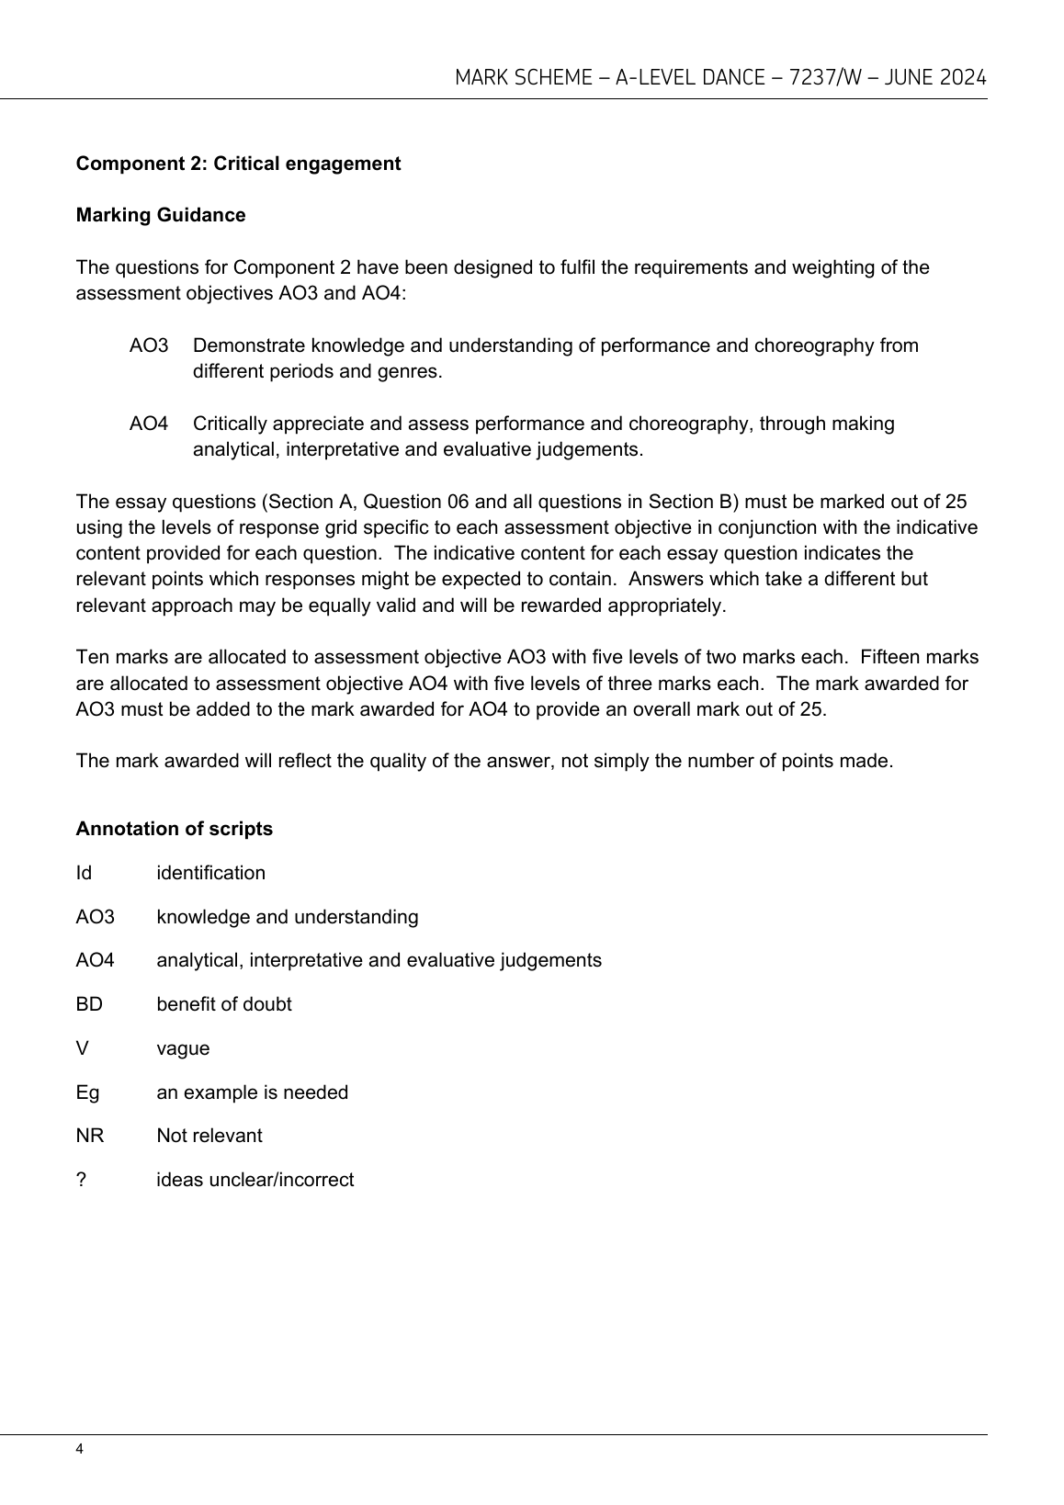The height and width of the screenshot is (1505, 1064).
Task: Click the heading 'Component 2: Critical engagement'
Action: (x=238, y=164)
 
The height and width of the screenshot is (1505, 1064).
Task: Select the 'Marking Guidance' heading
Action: (x=161, y=215)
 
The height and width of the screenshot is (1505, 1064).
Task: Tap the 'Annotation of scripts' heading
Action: (x=174, y=829)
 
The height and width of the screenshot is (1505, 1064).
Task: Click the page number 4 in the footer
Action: (x=80, y=1450)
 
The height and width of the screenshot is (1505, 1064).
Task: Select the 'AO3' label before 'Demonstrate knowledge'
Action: (x=149, y=345)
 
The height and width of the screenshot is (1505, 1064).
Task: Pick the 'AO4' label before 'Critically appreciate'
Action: (x=149, y=424)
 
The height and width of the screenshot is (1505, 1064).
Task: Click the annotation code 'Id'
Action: (x=84, y=873)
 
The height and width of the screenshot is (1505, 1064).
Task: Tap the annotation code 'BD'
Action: (x=89, y=1004)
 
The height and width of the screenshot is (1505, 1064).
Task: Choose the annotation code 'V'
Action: (x=82, y=1048)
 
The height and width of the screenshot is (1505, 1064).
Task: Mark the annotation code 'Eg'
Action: (x=87, y=1092)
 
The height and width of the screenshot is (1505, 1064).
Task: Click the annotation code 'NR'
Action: (x=90, y=1136)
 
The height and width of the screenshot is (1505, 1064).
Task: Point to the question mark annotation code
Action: (x=81, y=1180)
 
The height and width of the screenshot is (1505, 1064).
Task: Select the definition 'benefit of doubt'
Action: (x=224, y=1004)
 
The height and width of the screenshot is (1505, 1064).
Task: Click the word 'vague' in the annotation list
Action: (x=183, y=1048)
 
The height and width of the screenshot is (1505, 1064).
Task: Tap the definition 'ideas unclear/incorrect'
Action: (x=255, y=1180)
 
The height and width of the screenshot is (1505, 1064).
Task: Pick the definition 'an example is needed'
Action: (x=253, y=1092)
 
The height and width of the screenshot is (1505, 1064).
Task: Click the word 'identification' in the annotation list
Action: (x=210, y=873)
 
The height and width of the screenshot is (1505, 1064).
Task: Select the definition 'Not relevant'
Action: (x=209, y=1136)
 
